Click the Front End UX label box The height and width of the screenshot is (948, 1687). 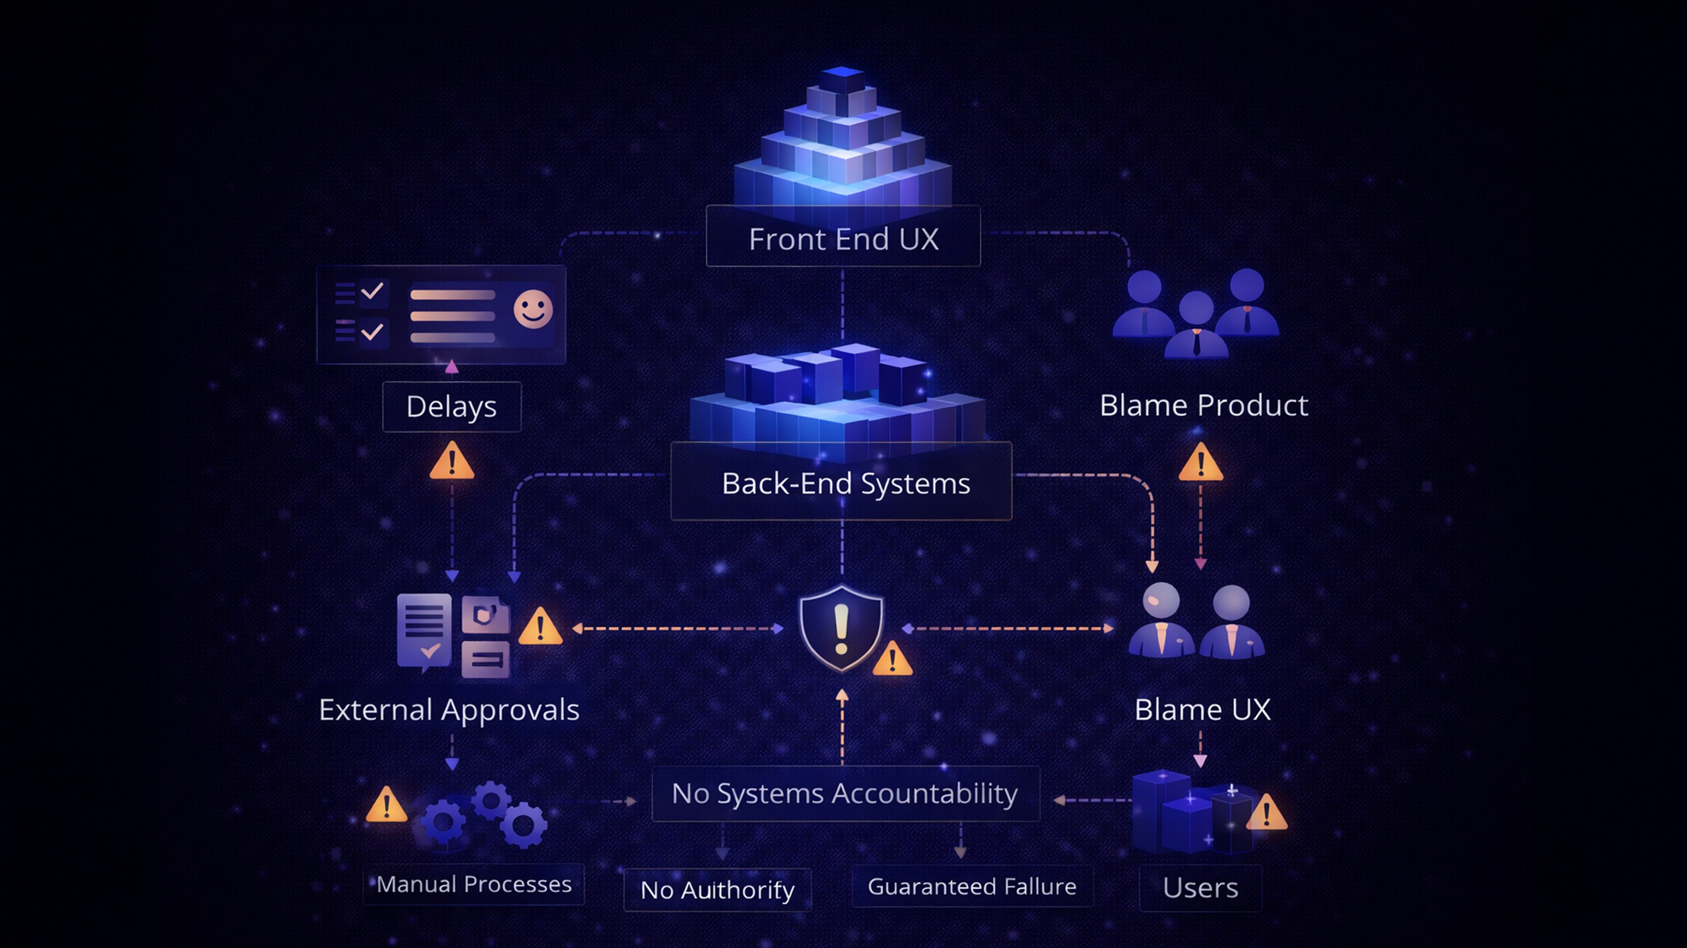[843, 237]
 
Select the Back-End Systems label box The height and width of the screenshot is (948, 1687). [841, 482]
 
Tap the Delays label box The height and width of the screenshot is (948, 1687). [451, 406]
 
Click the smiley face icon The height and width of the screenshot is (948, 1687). [532, 309]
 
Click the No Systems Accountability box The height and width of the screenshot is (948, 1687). [845, 793]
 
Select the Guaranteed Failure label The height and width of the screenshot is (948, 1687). [972, 886]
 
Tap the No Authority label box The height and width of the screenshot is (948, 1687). [717, 890]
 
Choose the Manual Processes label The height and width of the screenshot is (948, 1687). [474, 885]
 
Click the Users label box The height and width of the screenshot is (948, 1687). [1200, 888]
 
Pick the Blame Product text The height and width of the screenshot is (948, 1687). [1204, 405]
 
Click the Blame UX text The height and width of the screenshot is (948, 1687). [1202, 710]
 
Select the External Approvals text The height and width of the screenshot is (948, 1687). [450, 710]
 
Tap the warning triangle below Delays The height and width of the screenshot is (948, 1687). [451, 461]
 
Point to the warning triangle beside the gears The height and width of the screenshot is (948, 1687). [387, 806]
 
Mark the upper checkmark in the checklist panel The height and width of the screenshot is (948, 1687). [372, 290]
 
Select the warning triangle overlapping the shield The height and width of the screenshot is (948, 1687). [892, 660]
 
